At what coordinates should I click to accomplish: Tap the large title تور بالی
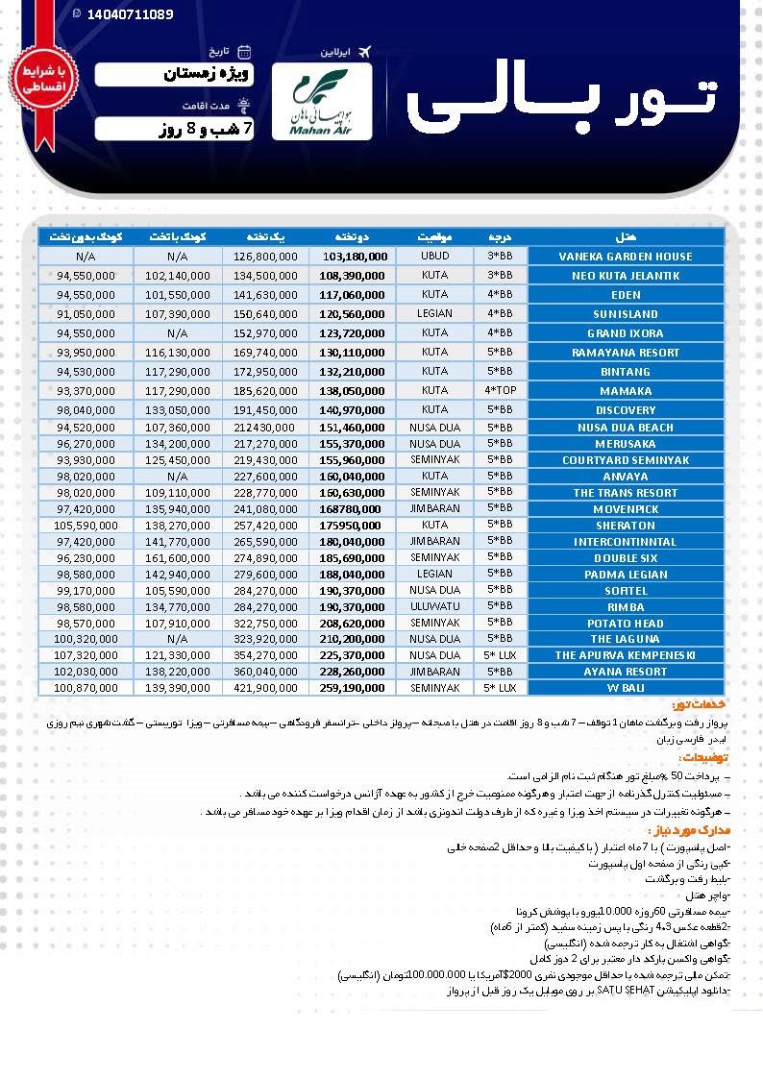pyautogui.click(x=562, y=102)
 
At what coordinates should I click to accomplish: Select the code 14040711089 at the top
pyautogui.click(x=129, y=14)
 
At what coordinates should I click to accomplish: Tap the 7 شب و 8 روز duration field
pyautogui.click(x=174, y=129)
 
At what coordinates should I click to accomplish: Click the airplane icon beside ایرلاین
pyautogui.click(x=362, y=51)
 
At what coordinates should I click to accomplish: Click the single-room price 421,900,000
pyautogui.click(x=265, y=688)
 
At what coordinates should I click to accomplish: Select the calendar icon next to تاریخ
pyautogui.click(x=244, y=51)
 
